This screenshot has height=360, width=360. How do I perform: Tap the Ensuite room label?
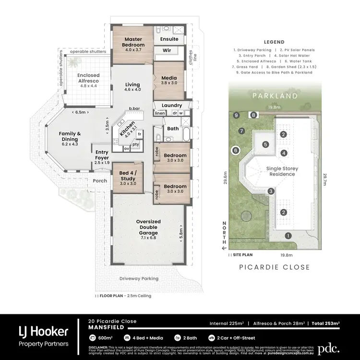[169, 39]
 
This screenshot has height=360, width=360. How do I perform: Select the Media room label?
[169, 78]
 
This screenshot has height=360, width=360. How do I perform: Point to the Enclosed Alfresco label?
[88, 78]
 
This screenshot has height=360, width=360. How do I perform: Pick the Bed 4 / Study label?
[128, 175]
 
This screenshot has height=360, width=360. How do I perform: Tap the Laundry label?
[171, 105]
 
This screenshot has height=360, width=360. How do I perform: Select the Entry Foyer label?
[102, 155]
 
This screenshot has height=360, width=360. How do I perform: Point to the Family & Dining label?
[70, 136]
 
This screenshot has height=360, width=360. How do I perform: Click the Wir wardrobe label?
[167, 50]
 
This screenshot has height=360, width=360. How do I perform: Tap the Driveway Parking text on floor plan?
[139, 278]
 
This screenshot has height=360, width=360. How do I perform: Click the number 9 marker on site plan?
[236, 115]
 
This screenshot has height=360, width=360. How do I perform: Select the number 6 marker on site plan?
[235, 150]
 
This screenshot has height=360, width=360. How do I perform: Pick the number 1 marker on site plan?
[288, 235]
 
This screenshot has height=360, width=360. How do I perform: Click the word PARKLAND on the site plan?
[275, 96]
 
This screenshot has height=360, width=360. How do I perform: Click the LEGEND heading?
[274, 42]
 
